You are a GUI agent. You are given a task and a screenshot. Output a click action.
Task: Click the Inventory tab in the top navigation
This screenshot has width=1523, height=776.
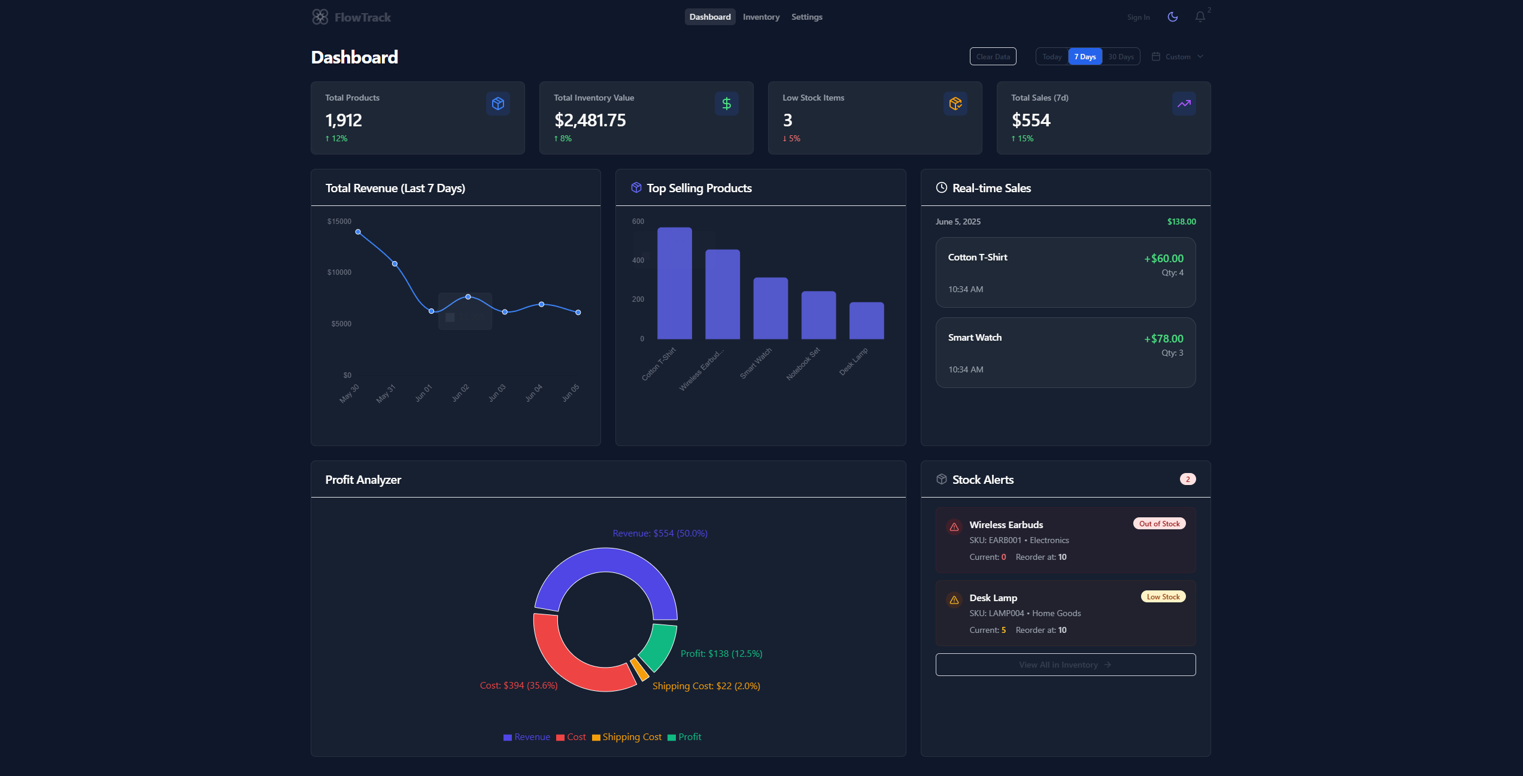click(x=761, y=17)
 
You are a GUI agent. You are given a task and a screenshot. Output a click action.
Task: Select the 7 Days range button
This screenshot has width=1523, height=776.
click(x=1085, y=56)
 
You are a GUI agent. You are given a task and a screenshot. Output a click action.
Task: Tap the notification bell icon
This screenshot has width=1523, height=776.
click(x=1200, y=17)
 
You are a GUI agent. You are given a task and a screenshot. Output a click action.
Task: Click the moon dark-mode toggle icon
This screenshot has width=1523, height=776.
click(x=1173, y=17)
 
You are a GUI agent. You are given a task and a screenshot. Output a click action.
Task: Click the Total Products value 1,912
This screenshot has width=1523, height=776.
click(x=344, y=120)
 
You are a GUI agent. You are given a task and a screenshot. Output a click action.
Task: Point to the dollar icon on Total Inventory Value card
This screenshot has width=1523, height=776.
click(x=726, y=104)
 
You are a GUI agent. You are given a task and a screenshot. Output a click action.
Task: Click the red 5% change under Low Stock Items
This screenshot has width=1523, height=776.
click(x=791, y=138)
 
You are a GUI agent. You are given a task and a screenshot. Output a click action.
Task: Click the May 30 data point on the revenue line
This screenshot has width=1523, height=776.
click(x=358, y=232)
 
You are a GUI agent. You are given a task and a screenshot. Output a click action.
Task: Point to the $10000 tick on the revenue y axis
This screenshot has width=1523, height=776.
click(x=339, y=272)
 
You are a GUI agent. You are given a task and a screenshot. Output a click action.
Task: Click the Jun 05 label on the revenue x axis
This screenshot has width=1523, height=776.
click(x=570, y=393)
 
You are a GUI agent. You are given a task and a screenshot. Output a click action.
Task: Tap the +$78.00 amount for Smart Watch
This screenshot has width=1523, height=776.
click(x=1163, y=339)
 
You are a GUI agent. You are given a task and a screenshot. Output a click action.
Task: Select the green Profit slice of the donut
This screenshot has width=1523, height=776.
click(x=659, y=647)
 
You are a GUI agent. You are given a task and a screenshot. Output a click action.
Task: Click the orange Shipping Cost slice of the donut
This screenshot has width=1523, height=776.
click(x=639, y=669)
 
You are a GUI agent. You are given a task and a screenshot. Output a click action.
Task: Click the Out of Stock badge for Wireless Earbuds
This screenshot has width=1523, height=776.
click(x=1159, y=524)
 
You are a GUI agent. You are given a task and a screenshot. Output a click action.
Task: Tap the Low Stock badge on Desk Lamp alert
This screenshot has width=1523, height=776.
click(x=1163, y=597)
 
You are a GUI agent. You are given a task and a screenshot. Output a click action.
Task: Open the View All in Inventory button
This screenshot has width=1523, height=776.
click(x=1065, y=665)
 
